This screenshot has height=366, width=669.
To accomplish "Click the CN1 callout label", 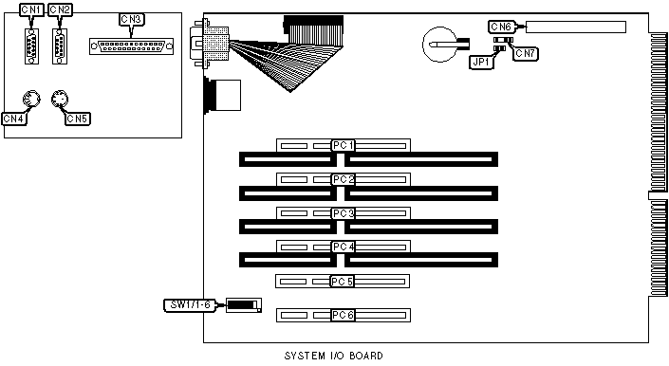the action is click(31, 9).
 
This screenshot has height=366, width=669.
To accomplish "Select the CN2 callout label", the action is click(60, 9).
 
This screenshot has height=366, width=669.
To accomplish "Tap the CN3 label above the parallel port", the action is click(131, 19).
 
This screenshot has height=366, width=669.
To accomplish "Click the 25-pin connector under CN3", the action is click(131, 46).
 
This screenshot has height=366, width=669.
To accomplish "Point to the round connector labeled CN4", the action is click(31, 100).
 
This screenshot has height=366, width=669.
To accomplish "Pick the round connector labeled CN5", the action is click(60, 100).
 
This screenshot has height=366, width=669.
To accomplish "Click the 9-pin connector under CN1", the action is click(31, 46).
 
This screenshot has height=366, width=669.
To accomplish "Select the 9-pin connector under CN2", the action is click(60, 46).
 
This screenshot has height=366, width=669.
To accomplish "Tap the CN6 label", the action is click(501, 27).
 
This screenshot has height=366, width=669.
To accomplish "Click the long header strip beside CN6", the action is click(576, 27).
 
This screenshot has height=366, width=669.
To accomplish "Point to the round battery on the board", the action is click(440, 45).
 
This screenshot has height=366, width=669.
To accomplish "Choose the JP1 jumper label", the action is click(481, 63).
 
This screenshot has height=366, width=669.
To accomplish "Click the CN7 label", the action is click(525, 54).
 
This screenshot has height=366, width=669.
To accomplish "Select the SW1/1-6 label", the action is click(191, 305).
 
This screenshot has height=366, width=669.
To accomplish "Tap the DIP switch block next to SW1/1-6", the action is click(244, 305).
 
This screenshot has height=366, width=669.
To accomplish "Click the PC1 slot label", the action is click(344, 145).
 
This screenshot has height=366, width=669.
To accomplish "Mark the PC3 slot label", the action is click(344, 213).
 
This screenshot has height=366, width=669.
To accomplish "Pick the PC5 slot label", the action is click(343, 282).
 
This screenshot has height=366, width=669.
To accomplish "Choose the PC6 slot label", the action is click(344, 316).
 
